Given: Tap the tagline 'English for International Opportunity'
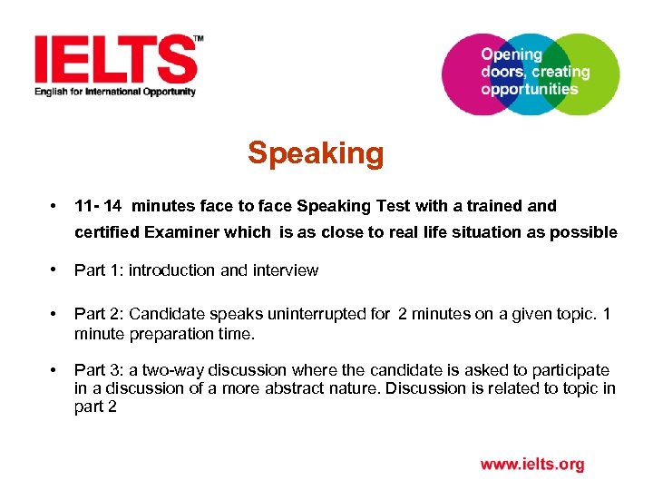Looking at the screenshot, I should [x=115, y=92].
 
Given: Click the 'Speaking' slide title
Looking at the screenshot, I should [x=316, y=153].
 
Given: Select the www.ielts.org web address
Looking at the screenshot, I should [x=532, y=465].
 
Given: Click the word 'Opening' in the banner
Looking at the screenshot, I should [x=511, y=54].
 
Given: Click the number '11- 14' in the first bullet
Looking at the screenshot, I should [x=98, y=206].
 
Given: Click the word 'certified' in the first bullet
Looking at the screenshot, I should [x=107, y=232].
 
